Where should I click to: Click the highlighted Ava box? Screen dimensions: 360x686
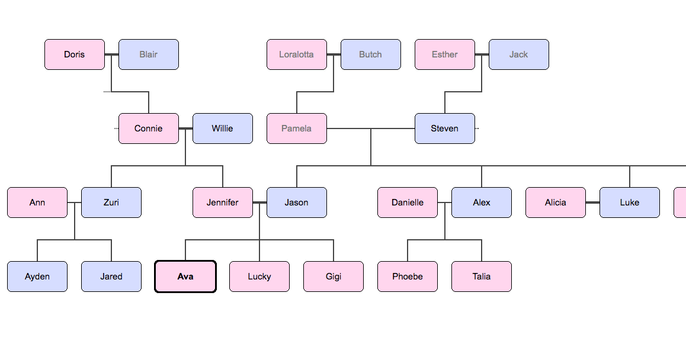[185, 277]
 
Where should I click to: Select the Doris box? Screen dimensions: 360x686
[75, 54]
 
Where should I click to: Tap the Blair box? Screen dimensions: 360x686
[149, 54]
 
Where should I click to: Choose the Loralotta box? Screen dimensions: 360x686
[297, 54]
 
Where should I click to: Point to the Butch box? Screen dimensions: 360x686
[371, 54]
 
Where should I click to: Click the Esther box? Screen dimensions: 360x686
[445, 54]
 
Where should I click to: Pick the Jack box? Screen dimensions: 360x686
[519, 54]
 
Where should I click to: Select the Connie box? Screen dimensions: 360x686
[149, 128]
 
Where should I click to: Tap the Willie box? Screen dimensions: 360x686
[223, 128]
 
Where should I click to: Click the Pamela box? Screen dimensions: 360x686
[297, 128]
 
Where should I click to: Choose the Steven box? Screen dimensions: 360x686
[445, 128]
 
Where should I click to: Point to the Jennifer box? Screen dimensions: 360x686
[223, 202]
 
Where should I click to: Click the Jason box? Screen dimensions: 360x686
[297, 202]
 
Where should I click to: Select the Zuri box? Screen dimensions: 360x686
[111, 202]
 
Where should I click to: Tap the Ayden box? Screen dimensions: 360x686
[37, 277]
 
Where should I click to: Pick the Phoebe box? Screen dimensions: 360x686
[408, 277]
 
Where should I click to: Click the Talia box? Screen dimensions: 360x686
[482, 277]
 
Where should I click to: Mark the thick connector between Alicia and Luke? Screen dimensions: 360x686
[593, 202]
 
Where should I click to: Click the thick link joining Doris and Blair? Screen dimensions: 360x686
[112, 54]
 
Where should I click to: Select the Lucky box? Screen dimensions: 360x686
[259, 277]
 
